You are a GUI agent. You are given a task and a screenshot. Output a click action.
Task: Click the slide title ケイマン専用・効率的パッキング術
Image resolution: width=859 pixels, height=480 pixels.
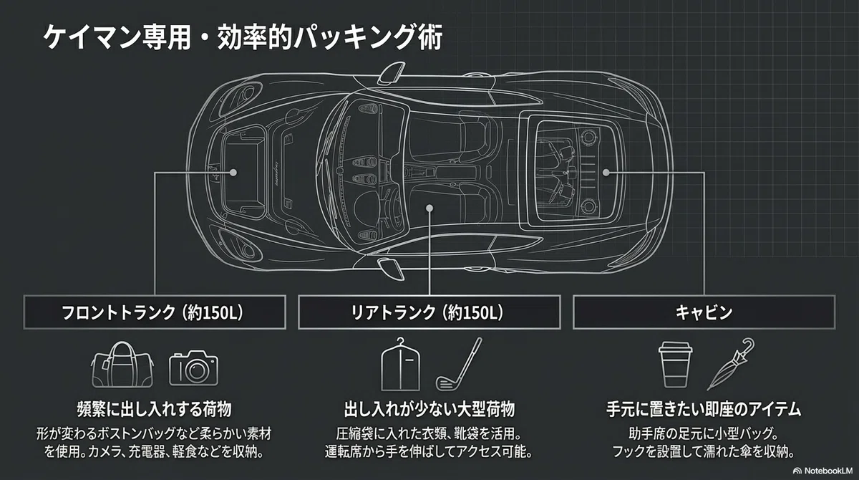243,37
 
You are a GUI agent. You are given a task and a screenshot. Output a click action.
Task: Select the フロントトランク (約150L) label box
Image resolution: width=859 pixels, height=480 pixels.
155,312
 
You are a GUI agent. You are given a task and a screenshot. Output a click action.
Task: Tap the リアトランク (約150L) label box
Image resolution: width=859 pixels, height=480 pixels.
429,312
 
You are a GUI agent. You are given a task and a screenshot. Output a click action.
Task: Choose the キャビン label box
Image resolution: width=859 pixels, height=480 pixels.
704,312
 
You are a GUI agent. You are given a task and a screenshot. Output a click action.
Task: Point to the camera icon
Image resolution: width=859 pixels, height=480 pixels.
194,368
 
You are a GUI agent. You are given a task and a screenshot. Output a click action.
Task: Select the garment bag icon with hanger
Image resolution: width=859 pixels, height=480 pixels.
400,365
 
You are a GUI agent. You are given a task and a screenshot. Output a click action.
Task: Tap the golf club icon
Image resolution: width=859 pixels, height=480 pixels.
459,364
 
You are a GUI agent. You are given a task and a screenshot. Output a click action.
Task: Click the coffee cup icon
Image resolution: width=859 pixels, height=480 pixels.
675,365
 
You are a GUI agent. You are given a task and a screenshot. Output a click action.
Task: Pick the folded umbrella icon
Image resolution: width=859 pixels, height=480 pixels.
731,364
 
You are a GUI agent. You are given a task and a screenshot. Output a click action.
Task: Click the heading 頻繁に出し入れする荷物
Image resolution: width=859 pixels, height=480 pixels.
155,409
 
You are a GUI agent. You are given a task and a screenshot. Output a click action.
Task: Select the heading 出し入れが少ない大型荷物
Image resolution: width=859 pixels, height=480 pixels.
429,409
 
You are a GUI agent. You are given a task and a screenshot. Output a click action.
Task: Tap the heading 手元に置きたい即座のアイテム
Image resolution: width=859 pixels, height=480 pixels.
704,409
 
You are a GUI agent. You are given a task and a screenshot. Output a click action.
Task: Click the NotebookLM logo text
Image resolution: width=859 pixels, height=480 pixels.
828,471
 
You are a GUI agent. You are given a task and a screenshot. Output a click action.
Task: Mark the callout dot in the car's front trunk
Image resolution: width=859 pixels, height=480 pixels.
233,172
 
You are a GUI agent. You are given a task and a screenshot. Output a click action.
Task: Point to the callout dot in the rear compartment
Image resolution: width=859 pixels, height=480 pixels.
606,173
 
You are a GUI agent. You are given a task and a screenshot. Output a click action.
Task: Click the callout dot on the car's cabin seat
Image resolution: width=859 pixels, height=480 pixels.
429,208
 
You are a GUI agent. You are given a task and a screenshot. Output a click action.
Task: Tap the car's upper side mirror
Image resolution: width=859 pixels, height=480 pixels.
391,73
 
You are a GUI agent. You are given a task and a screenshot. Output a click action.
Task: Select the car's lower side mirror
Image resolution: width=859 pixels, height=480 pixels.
390,269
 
